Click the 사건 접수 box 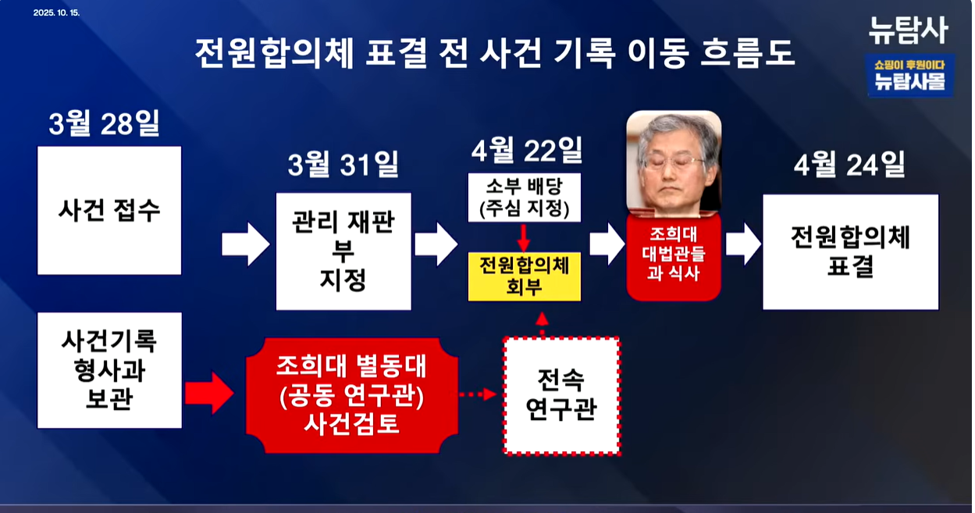(109, 210)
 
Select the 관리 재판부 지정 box (343, 251)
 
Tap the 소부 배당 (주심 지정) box (524, 198)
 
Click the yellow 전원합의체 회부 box (524, 276)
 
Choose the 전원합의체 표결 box (850, 251)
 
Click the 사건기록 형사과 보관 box (109, 370)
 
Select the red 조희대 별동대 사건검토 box (351, 395)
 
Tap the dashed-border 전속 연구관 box (561, 395)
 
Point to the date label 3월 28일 (104, 124)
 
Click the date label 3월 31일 (343, 165)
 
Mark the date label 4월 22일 (526, 150)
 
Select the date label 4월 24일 (849, 166)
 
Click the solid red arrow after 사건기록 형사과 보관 (208, 393)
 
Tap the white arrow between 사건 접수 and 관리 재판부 (245, 244)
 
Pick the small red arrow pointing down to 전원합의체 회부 (524, 237)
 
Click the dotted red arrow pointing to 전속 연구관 (478, 394)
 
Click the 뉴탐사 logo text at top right (908, 30)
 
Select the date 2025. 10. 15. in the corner (57, 13)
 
